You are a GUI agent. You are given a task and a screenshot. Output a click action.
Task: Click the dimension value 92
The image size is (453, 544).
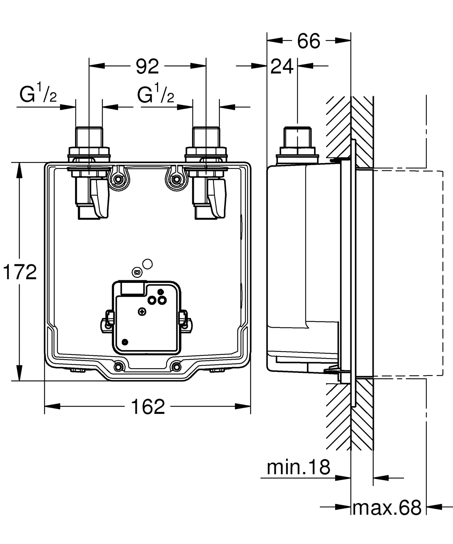(x=147, y=67)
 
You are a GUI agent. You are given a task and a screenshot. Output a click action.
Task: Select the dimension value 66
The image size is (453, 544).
(x=308, y=41)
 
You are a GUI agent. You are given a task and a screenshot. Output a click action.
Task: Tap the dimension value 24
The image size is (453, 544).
(x=282, y=67)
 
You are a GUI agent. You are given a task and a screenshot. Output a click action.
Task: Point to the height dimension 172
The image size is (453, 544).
(x=20, y=272)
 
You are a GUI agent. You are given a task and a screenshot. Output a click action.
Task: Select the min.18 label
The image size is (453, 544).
(x=298, y=468)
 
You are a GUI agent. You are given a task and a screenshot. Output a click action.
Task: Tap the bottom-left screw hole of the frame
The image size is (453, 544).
(x=119, y=367)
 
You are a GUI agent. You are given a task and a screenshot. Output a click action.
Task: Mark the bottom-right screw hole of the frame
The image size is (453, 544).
(x=176, y=367)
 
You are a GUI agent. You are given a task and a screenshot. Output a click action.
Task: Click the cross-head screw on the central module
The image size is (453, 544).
(x=142, y=312)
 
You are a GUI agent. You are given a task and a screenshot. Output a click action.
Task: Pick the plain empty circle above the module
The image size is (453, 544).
(x=147, y=264)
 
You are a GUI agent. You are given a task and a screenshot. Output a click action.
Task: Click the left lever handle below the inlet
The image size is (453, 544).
(x=100, y=198)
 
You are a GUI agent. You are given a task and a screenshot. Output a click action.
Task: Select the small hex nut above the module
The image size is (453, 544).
(x=137, y=272)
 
